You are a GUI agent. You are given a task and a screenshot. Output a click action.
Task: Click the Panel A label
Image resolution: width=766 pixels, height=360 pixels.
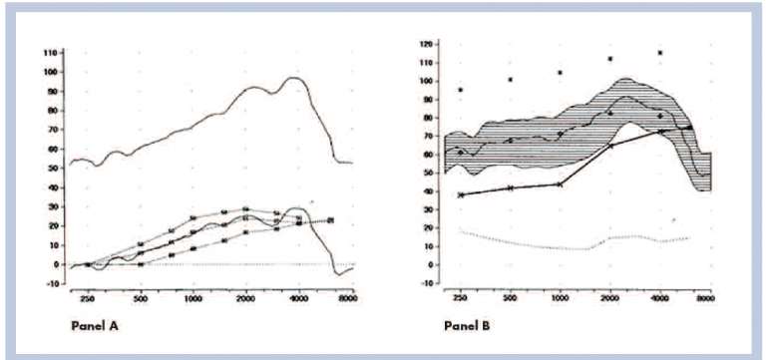(x=97, y=325)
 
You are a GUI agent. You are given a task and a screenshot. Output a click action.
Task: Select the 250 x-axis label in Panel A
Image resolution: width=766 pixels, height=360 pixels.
(x=87, y=299)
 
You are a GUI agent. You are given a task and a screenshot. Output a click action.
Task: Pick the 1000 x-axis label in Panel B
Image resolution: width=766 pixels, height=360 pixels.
(x=560, y=298)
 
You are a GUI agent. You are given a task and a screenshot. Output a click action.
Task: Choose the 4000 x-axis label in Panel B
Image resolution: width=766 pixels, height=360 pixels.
(x=660, y=298)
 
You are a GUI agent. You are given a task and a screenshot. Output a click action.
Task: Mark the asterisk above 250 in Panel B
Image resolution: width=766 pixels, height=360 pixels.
(x=461, y=90)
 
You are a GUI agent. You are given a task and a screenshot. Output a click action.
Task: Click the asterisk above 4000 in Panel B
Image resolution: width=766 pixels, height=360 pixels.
(x=660, y=53)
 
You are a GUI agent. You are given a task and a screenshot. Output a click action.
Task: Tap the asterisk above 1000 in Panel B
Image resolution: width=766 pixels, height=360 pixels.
(x=561, y=73)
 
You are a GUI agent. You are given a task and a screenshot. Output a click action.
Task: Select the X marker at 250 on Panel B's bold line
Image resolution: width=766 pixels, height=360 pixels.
(x=461, y=194)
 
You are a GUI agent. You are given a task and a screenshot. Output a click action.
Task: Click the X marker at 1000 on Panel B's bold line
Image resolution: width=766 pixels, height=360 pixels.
(x=561, y=184)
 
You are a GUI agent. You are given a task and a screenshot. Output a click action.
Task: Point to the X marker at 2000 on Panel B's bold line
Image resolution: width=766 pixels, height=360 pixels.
(x=610, y=147)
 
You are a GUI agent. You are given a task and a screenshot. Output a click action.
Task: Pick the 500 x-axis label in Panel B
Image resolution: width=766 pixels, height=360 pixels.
(x=510, y=298)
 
